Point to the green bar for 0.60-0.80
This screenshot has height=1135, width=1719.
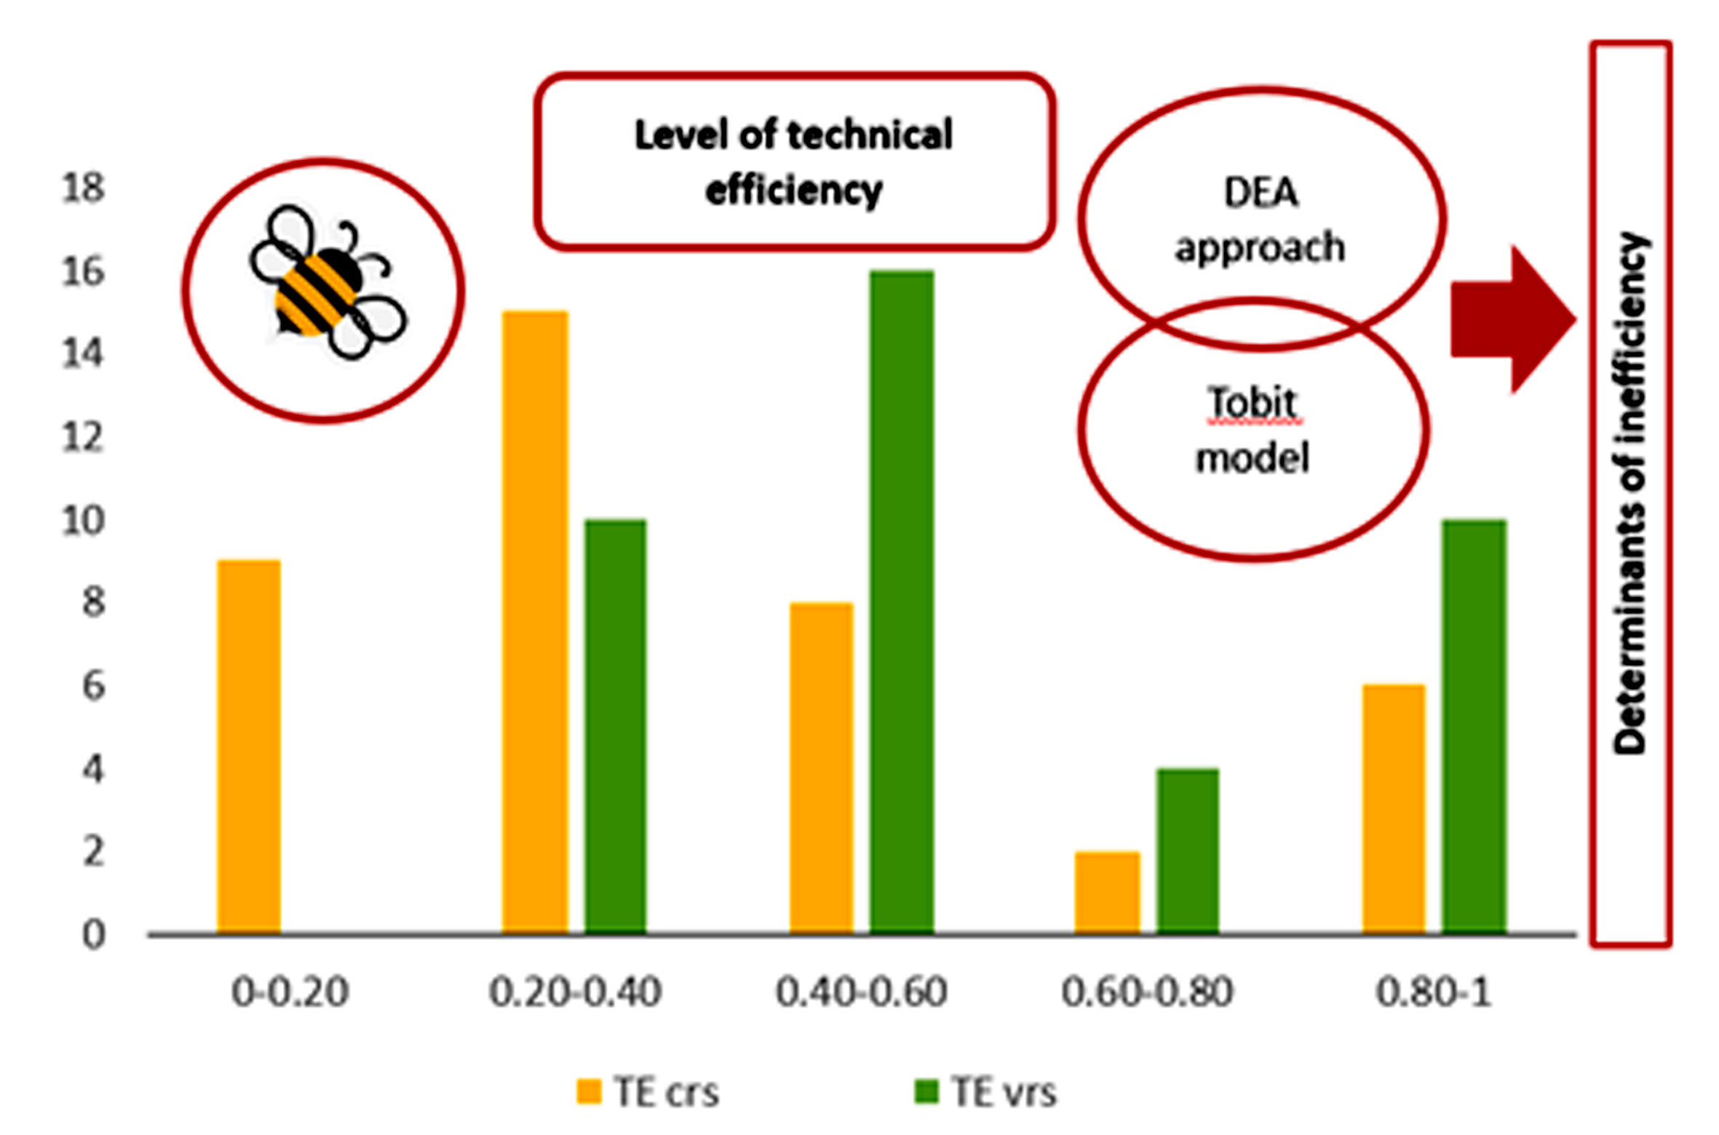[x=1188, y=851]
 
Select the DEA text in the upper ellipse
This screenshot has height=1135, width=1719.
[x=1261, y=194]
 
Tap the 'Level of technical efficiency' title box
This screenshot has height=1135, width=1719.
[x=794, y=162]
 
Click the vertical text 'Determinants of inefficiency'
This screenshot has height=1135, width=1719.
[x=1629, y=495]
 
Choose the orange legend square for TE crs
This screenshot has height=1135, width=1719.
[x=589, y=1092]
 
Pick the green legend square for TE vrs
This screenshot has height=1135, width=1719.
[x=926, y=1092]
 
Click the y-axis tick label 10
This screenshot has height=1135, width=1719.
[x=83, y=522]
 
